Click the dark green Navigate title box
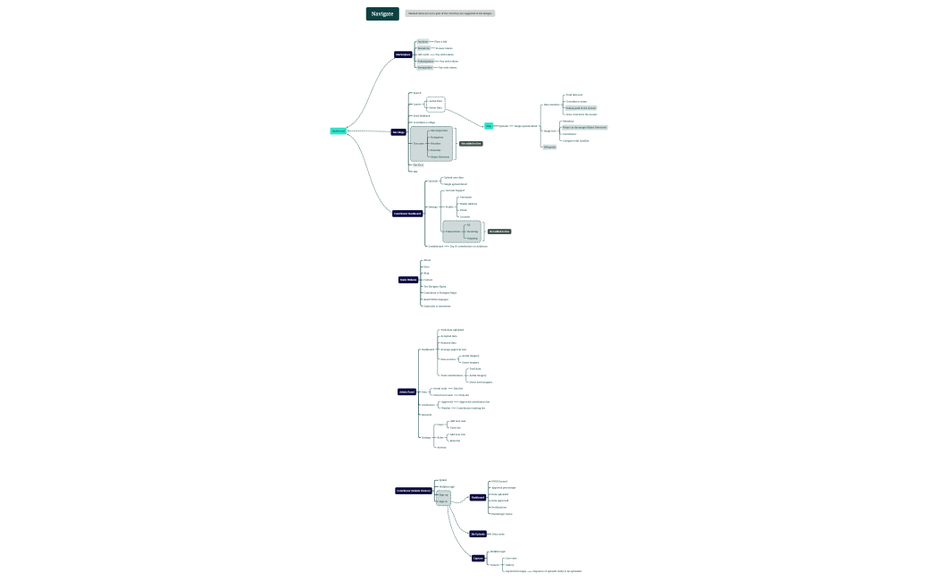(382, 13)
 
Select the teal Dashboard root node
(338, 131)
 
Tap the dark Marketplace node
(403, 55)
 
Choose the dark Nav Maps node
(398, 131)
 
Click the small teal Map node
(489, 126)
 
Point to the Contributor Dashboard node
(407, 214)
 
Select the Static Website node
(408, 280)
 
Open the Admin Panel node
(406, 392)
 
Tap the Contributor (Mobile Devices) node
(414, 491)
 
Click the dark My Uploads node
(478, 534)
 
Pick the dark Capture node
(478, 558)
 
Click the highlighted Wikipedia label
(549, 147)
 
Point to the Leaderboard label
(435, 246)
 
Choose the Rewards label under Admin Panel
(426, 415)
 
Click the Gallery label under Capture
(510, 565)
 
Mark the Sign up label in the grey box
(443, 494)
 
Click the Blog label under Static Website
(426, 273)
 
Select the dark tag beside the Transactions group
(499, 232)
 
